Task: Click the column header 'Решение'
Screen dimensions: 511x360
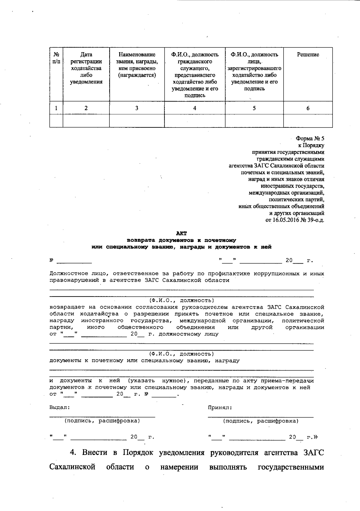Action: (308, 55)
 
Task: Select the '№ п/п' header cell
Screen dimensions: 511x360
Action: (56, 58)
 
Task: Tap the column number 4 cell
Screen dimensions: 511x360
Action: (195, 108)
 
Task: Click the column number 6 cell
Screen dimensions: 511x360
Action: (308, 108)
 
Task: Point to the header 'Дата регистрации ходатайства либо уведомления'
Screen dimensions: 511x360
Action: (86, 68)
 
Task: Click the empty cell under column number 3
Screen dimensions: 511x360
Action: (137, 121)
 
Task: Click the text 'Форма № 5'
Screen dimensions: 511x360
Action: (310, 139)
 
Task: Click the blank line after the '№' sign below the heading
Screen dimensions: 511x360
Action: (74, 261)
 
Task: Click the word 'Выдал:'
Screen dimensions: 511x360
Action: (60, 408)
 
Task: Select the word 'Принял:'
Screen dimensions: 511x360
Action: (220, 408)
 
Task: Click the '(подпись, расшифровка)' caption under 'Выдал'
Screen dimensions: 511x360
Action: (102, 421)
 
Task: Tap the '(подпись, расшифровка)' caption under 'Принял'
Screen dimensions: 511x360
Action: (260, 421)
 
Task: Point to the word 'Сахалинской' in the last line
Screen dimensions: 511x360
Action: (72, 467)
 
